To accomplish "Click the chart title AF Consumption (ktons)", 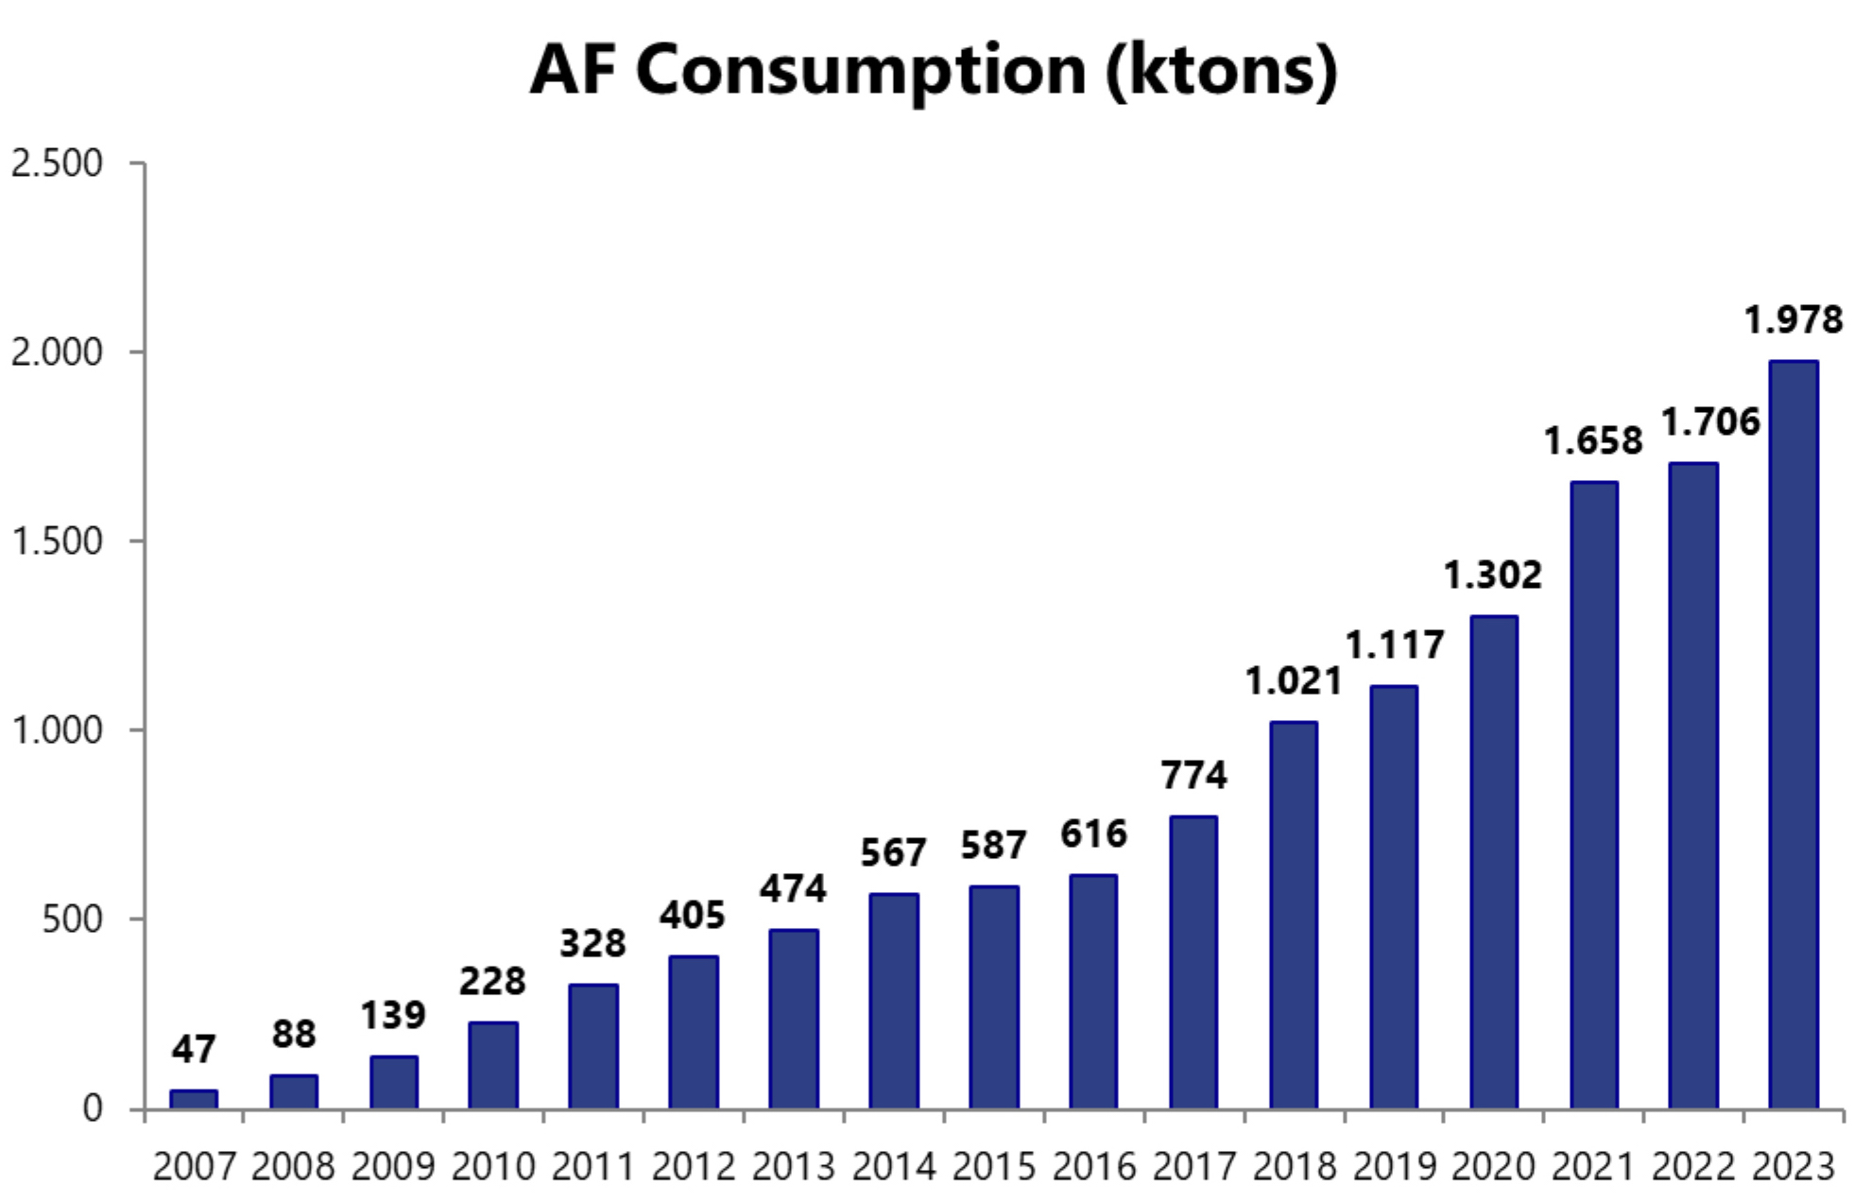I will (x=934, y=70).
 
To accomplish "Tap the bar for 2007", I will (x=194, y=1099).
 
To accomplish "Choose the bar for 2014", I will (x=893, y=1001).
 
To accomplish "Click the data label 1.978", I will (x=1793, y=320).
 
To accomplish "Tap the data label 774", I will (x=1194, y=776).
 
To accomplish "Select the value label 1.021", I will (x=1293, y=681).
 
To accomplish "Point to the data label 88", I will (x=294, y=1035).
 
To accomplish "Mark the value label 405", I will (x=693, y=916).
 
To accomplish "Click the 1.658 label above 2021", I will (x=1592, y=441).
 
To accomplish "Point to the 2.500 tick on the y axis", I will (x=57, y=163).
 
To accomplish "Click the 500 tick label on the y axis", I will (x=72, y=919).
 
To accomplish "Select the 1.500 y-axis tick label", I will (x=57, y=541).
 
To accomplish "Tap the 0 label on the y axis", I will (x=93, y=1108).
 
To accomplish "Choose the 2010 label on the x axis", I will (x=493, y=1167).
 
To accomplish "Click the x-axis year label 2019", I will (x=1393, y=1167).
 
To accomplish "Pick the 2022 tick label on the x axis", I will (x=1692, y=1167).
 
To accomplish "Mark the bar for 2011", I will (x=593, y=1046).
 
